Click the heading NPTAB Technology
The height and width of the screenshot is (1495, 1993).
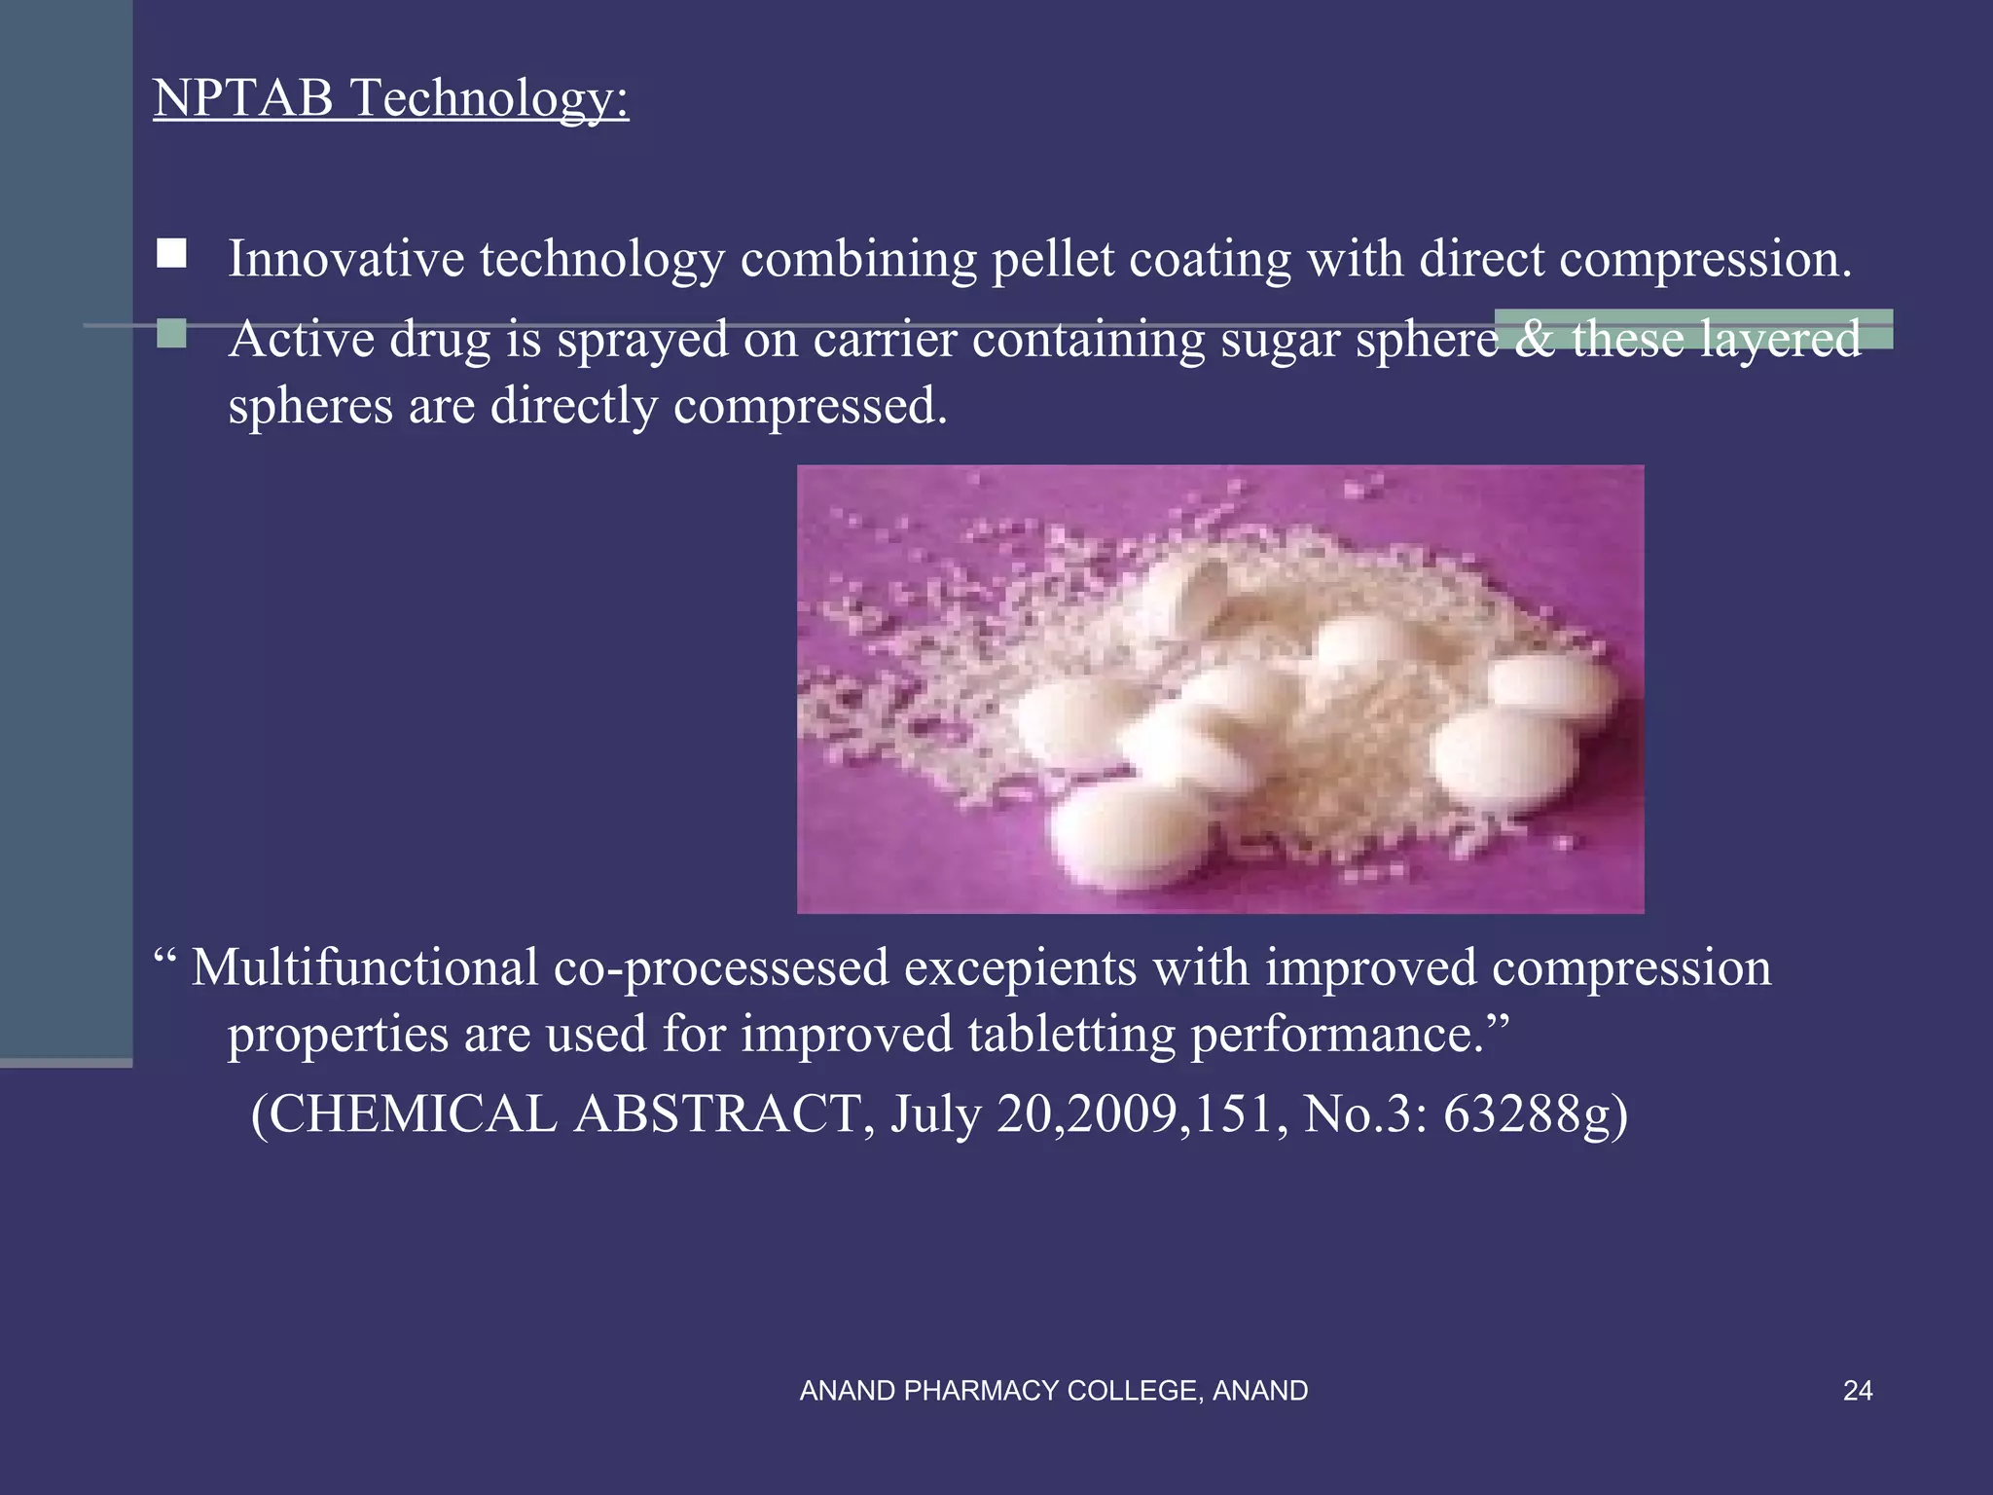[x=390, y=98]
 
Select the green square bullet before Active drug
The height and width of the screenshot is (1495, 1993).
[x=172, y=334]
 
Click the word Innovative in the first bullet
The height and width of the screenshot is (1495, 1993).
[x=345, y=259]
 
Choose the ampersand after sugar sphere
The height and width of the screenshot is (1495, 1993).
[x=1534, y=340]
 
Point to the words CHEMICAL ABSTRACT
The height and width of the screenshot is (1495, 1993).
[x=563, y=1114]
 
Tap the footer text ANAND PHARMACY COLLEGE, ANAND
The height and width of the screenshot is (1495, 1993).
[x=1053, y=1391]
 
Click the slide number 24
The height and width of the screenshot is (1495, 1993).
[x=1857, y=1391]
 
